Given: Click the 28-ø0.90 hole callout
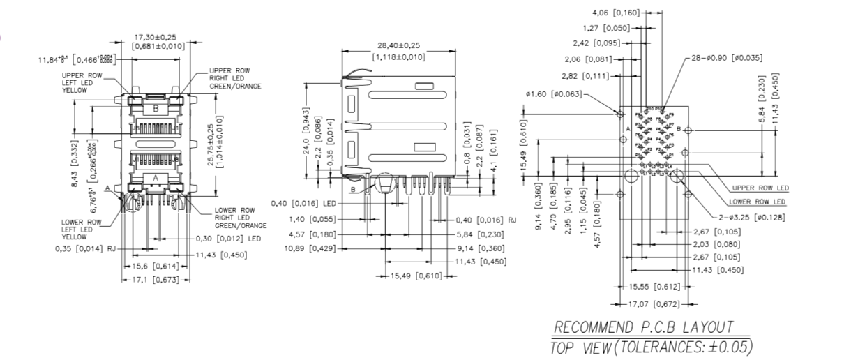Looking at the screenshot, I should point(725,58).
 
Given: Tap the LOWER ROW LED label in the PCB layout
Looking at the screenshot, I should point(758,202).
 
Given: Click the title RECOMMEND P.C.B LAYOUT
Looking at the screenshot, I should point(643,327).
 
